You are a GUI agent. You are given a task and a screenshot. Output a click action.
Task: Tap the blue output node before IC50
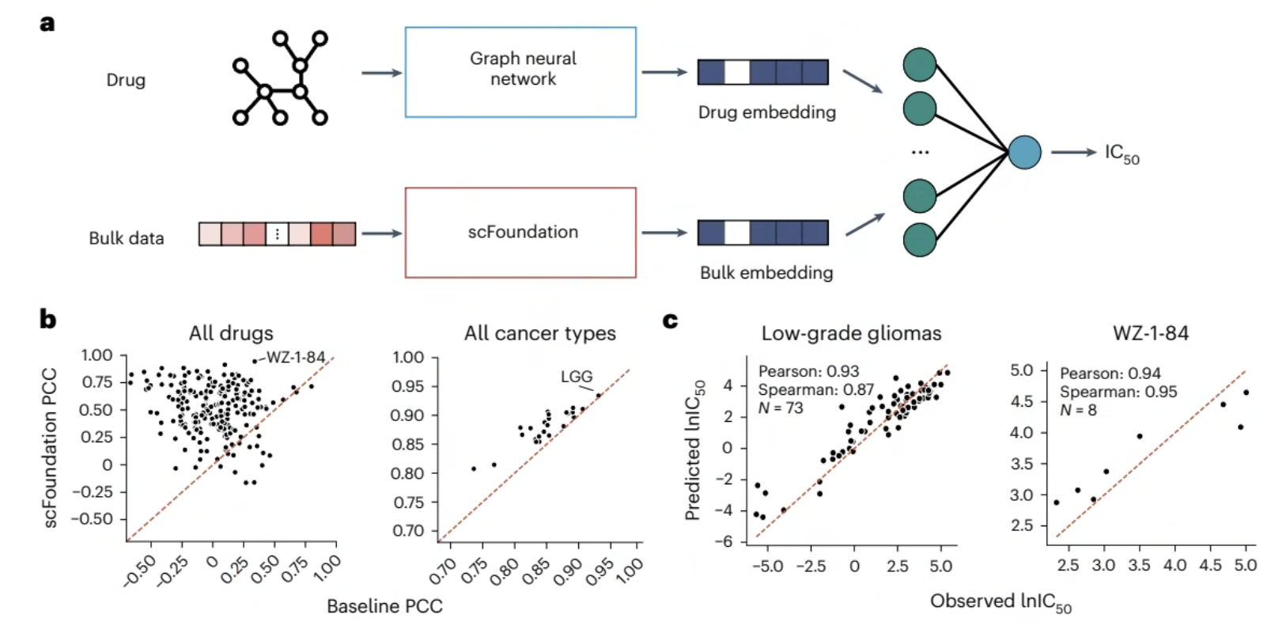[1025, 152]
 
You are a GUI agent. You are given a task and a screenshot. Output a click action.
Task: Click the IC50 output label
[1122, 154]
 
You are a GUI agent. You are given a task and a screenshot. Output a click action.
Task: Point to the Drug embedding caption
[767, 112]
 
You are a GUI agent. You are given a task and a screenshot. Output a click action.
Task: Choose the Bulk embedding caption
[766, 272]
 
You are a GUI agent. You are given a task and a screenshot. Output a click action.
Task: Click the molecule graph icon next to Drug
[281, 78]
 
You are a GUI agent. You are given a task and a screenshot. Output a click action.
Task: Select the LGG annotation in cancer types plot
[577, 377]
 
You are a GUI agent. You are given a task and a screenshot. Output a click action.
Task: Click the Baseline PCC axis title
[384, 606]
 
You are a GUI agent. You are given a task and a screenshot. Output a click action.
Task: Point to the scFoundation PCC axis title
[51, 448]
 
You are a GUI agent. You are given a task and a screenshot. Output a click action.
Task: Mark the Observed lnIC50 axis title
[1000, 602]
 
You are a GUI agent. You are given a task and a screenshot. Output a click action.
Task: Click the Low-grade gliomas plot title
[851, 334]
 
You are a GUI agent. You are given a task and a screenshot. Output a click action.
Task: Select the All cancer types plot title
[539, 334]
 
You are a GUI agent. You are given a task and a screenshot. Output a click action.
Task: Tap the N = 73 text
[781, 408]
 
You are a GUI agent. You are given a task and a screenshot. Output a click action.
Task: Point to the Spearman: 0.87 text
[815, 390]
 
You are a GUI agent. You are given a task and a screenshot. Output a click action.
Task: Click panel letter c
[670, 320]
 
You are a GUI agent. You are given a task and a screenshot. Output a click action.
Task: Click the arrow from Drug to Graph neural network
[382, 73]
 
